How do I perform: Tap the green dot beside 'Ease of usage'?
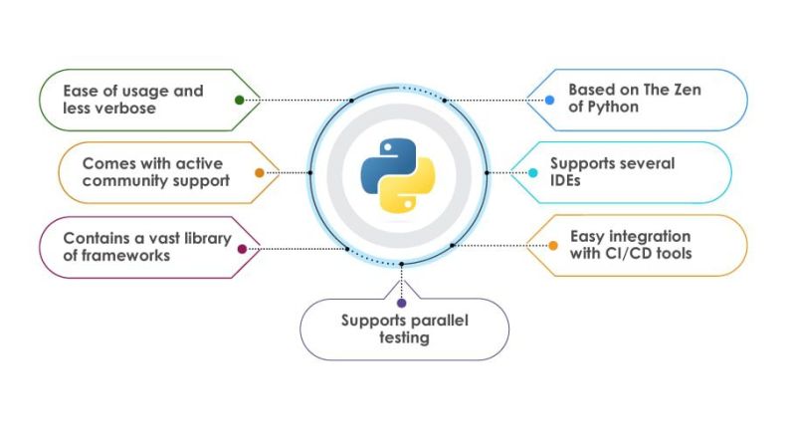[239, 100]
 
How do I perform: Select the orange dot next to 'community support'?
[260, 172]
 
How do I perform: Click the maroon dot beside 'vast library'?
[242, 249]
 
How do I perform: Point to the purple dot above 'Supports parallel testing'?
[401, 302]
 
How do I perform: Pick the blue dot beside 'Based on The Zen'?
[549, 100]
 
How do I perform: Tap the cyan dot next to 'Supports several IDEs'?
[532, 172]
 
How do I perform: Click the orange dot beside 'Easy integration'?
[553, 245]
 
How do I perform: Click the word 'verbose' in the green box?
[128, 108]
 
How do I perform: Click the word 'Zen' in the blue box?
[686, 90]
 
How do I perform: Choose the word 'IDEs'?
[568, 180]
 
